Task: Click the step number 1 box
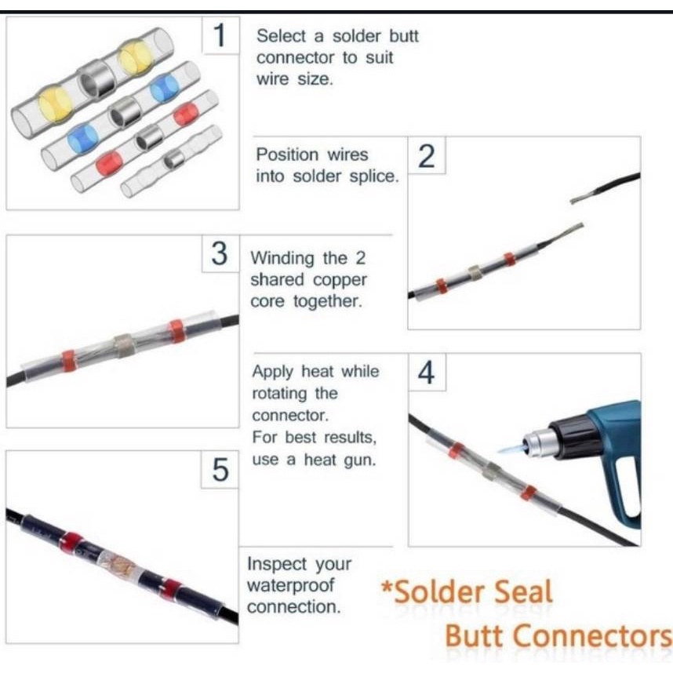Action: tap(220, 35)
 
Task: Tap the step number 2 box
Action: tap(427, 155)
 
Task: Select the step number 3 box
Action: tap(220, 253)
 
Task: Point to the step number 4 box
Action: tap(427, 372)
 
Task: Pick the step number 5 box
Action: tap(220, 470)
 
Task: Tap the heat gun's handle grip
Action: tap(621, 493)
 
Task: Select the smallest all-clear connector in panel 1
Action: tap(172, 161)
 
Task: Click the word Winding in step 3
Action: tap(283, 258)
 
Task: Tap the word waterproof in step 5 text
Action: tap(290, 585)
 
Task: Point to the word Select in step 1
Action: tap(281, 36)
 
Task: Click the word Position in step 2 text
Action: tap(287, 155)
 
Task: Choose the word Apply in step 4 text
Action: tap(272, 372)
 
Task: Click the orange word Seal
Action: tap(523, 592)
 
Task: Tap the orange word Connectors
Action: tap(593, 636)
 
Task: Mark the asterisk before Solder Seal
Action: tap(387, 586)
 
